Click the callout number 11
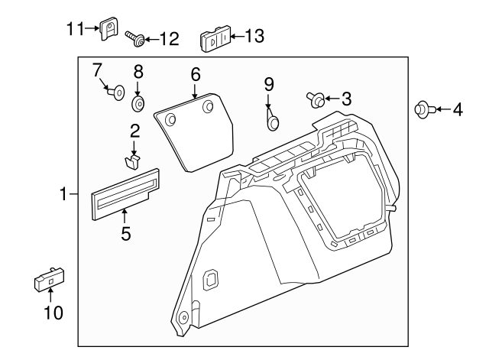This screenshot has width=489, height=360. click(x=74, y=28)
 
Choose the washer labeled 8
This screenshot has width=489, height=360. click(x=139, y=102)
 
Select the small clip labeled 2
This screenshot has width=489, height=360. click(x=134, y=161)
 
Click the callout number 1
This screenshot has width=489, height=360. click(x=64, y=196)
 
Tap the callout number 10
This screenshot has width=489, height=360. click(x=50, y=312)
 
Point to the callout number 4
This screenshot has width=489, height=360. click(x=457, y=110)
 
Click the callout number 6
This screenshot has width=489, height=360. click(x=196, y=74)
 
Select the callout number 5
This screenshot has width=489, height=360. click(x=125, y=234)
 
